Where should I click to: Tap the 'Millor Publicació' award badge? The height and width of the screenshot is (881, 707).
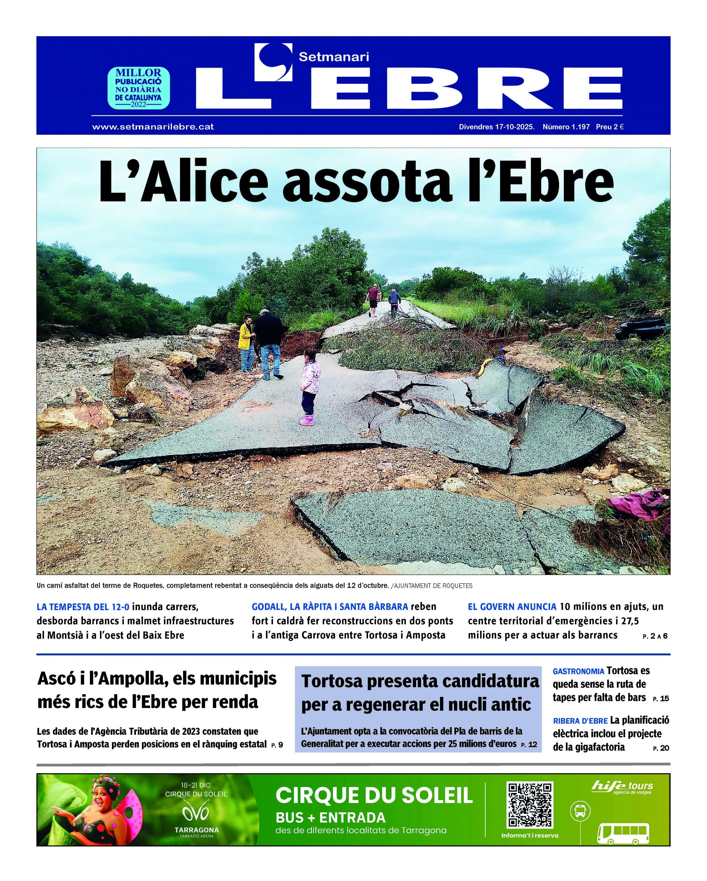[138, 88]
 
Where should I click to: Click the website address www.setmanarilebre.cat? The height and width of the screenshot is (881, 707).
[153, 127]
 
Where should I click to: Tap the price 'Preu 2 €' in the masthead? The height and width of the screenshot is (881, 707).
[609, 127]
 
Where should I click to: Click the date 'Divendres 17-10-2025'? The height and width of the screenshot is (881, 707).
[497, 127]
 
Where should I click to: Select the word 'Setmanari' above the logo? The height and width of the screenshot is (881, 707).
[334, 57]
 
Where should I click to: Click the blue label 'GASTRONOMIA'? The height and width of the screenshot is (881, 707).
[578, 671]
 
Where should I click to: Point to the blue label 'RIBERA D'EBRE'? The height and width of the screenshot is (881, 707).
[580, 721]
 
